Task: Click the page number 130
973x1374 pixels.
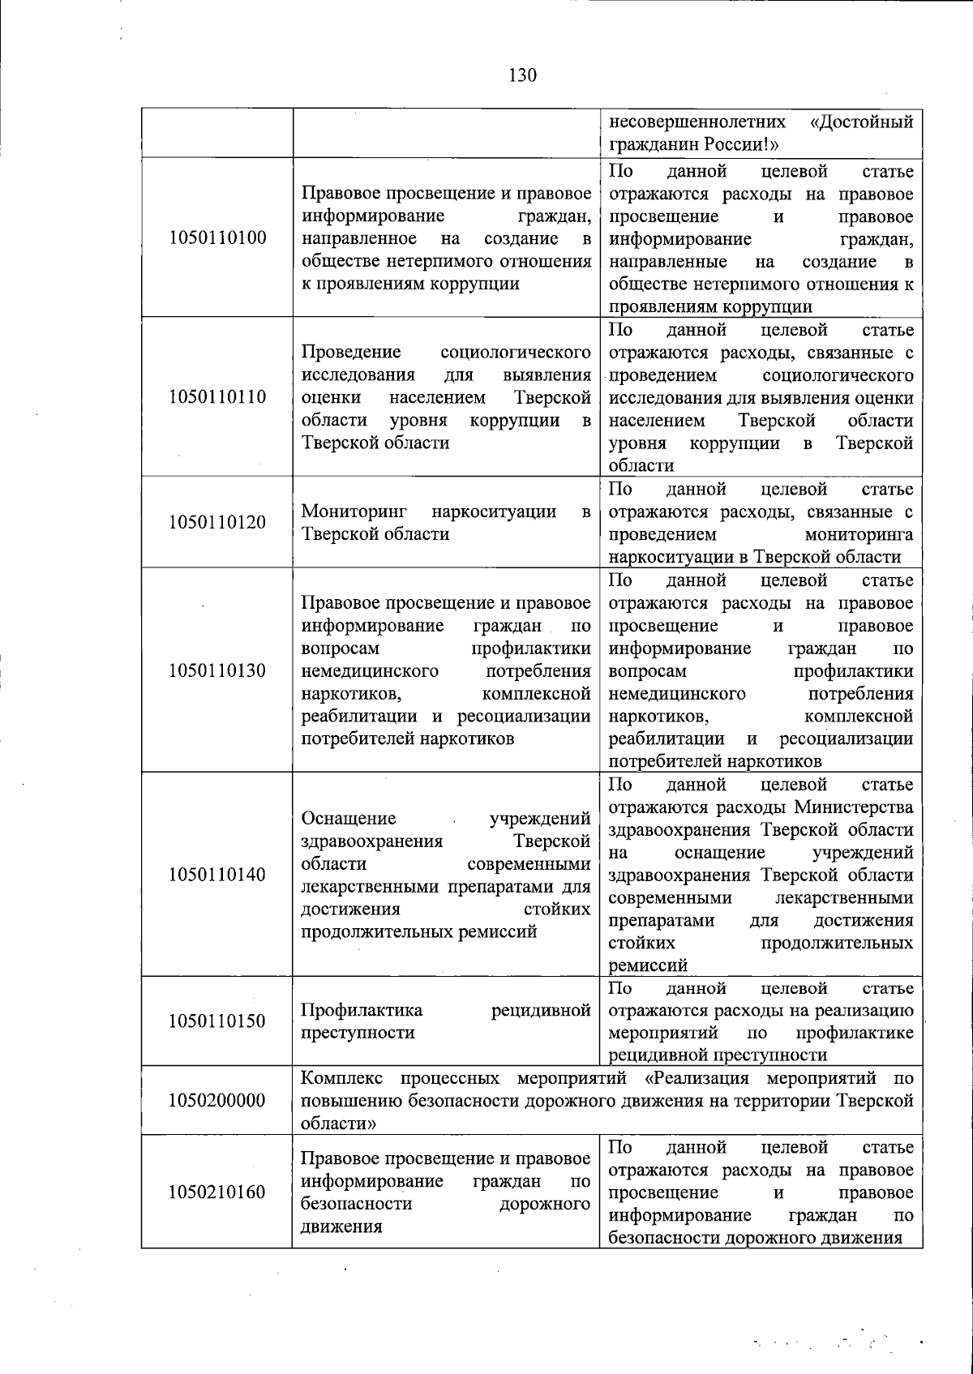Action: pos(523,75)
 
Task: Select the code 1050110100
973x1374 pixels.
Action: pos(217,238)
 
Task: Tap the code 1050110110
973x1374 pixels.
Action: pos(217,396)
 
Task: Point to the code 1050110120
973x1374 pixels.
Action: pos(217,522)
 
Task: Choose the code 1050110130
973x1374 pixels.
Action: pos(217,670)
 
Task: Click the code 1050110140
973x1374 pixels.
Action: pos(217,875)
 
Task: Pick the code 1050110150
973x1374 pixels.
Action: pos(217,1021)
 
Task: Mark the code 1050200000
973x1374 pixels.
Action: pos(217,1100)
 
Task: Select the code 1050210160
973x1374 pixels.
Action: pos(217,1192)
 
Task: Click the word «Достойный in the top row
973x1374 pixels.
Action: pos(861,122)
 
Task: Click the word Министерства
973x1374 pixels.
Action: pos(854,807)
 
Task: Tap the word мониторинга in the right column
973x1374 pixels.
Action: pos(859,534)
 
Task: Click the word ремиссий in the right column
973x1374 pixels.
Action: pos(648,965)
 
